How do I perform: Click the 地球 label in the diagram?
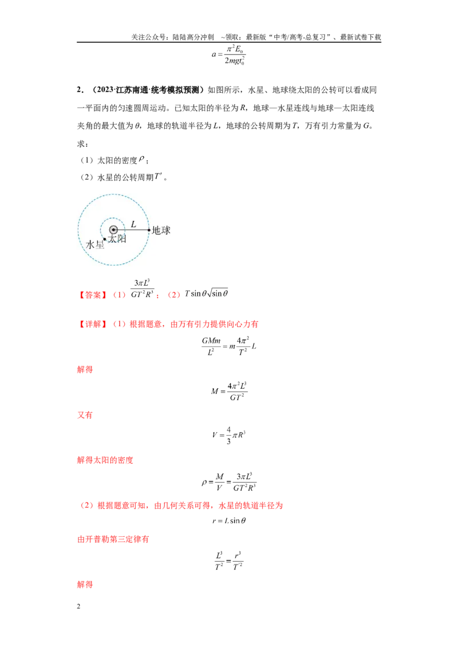click(x=161, y=230)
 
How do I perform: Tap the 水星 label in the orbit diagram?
click(x=94, y=244)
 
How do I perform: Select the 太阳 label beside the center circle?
click(x=117, y=239)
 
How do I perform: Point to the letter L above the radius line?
click(x=133, y=224)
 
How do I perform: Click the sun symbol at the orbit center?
click(x=114, y=230)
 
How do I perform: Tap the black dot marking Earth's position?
click(x=149, y=230)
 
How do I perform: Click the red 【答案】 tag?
click(x=93, y=295)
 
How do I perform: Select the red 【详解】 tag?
click(x=93, y=324)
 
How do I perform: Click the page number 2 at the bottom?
click(x=78, y=606)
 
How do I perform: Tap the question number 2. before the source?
click(x=80, y=90)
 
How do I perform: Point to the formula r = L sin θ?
click(x=229, y=521)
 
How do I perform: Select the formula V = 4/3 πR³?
click(x=228, y=435)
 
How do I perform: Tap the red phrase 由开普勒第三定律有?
click(x=113, y=539)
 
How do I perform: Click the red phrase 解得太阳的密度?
click(x=105, y=460)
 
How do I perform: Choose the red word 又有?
click(x=85, y=415)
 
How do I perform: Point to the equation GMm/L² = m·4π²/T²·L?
click(x=229, y=346)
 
